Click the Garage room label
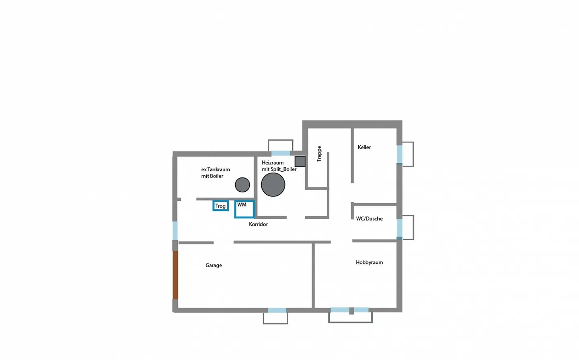tap(214, 265)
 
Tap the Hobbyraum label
tap(369, 262)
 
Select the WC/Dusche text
tap(369, 219)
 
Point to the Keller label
tap(364, 147)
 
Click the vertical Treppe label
tap(319, 154)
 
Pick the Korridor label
tap(258, 224)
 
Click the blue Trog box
tap(221, 206)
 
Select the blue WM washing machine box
tap(244, 209)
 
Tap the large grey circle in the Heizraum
tap(273, 185)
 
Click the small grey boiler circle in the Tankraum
tap(242, 185)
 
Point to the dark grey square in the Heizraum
tap(300, 162)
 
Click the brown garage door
tap(175, 275)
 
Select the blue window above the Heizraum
tap(281, 153)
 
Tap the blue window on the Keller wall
tap(400, 154)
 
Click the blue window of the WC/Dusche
tap(400, 228)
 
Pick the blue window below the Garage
tap(277, 310)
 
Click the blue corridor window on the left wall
tap(175, 230)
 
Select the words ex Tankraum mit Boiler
tap(216, 173)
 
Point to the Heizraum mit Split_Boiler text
tap(279, 166)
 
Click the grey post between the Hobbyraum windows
tap(351, 311)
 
